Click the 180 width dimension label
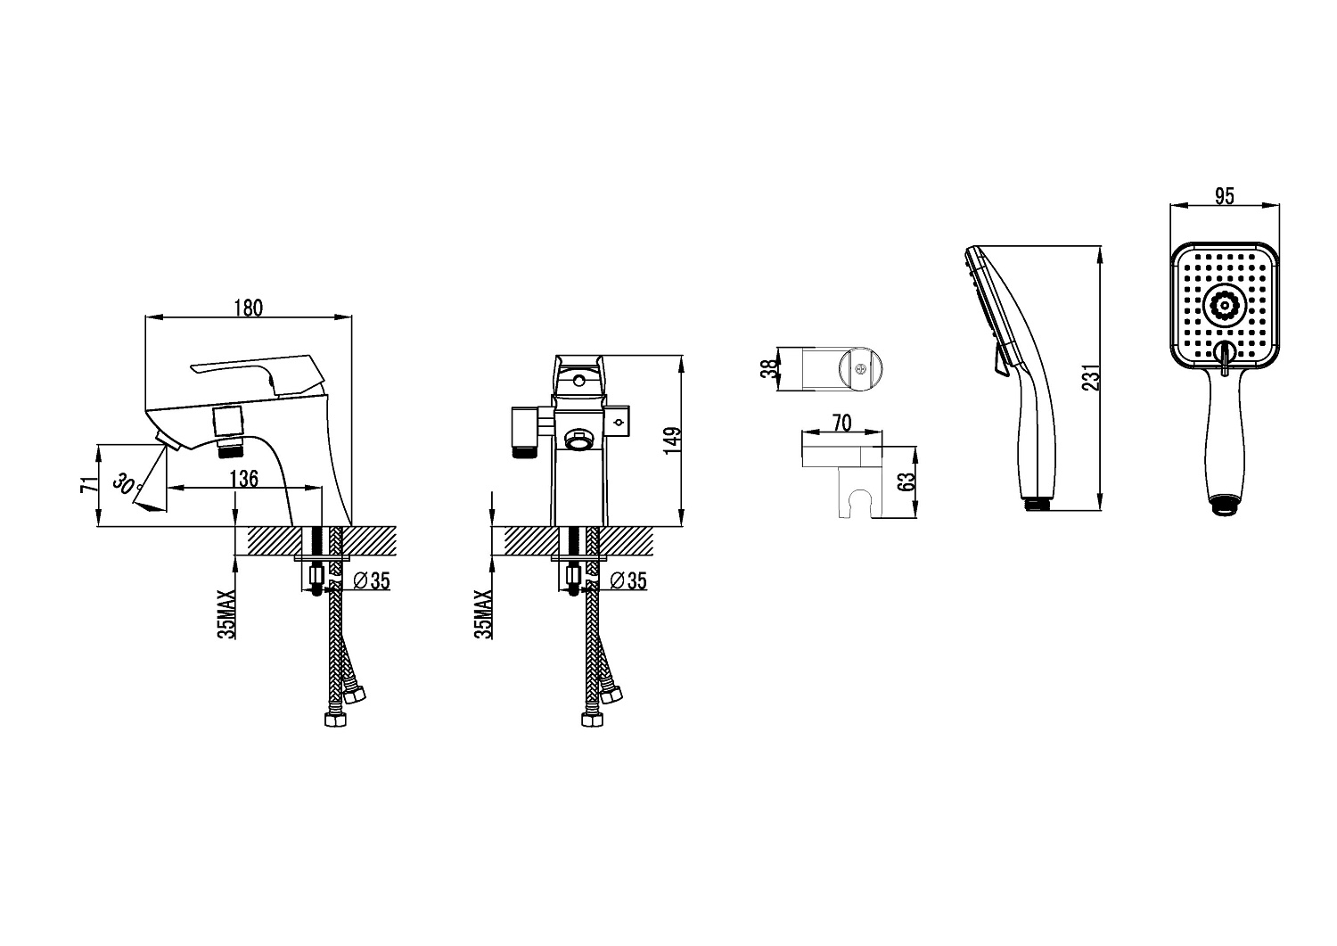(x=249, y=308)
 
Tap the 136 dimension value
(x=243, y=479)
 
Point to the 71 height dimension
(x=88, y=485)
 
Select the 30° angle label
(x=127, y=486)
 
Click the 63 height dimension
(x=906, y=482)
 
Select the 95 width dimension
(x=1225, y=197)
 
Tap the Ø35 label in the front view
(x=628, y=580)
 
